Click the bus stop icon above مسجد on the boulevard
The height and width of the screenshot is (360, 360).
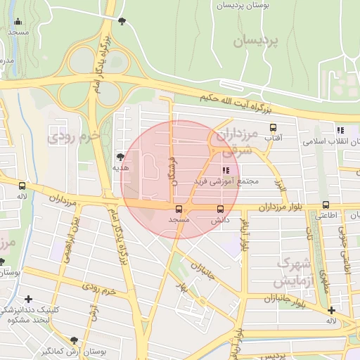(178, 209)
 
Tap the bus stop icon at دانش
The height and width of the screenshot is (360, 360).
(221, 209)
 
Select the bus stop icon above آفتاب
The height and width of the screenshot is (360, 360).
(273, 127)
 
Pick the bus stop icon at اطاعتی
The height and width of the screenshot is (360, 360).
(325, 205)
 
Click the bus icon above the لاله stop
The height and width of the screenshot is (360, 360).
(22, 186)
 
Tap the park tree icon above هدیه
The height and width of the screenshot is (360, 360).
(120, 157)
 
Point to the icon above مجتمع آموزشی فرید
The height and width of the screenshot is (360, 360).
(226, 170)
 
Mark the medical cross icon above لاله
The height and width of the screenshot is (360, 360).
(330, 310)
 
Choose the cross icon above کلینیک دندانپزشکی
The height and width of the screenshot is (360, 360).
(27, 299)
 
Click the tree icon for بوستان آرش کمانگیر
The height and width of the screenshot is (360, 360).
(94, 340)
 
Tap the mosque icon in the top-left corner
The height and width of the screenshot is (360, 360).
(18, 22)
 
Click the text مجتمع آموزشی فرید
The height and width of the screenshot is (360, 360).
(226, 181)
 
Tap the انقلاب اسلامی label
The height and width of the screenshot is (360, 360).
(330, 141)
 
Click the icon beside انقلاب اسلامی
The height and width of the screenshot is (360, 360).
(340, 130)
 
